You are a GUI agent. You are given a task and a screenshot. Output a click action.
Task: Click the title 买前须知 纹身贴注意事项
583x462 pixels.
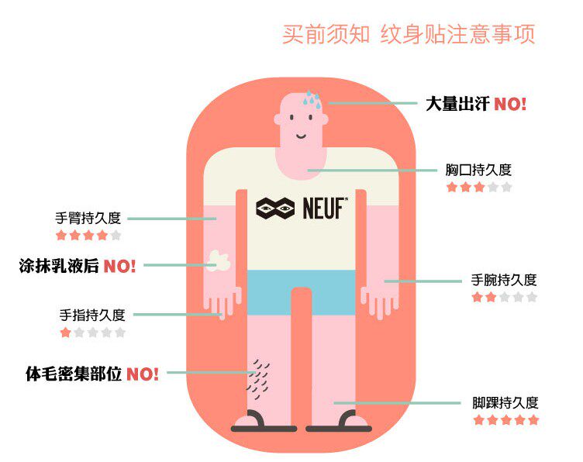(x=409, y=35)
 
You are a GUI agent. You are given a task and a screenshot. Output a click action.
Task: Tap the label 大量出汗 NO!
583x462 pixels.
(x=476, y=103)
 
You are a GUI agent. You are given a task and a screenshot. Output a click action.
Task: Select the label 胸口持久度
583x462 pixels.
(x=478, y=170)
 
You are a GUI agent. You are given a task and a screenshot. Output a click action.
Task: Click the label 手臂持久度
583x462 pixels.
(x=88, y=218)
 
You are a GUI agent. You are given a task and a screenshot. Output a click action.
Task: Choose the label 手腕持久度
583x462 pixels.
(x=504, y=280)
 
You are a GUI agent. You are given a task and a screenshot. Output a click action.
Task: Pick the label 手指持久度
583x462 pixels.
(x=92, y=315)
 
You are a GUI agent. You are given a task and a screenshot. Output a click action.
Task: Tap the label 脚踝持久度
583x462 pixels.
(x=505, y=402)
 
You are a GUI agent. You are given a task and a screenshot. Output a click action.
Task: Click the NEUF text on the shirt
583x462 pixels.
(x=324, y=208)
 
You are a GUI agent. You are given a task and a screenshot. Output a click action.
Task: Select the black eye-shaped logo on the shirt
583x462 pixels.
(x=275, y=208)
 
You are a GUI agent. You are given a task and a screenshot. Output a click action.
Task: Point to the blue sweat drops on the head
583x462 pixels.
(x=312, y=98)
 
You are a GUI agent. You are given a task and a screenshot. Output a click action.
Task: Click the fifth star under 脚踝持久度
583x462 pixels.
(x=533, y=420)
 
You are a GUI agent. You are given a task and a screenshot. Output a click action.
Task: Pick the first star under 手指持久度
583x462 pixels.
(x=65, y=333)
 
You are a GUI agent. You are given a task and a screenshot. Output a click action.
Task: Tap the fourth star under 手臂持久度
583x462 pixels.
(x=102, y=235)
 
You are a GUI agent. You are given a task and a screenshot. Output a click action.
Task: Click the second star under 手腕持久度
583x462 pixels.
(x=491, y=297)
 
